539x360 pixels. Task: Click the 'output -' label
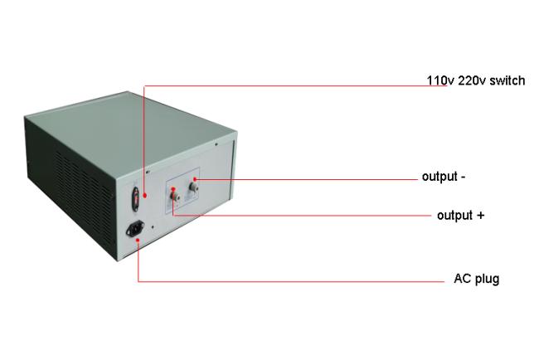[444, 177]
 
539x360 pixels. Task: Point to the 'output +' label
[460, 216]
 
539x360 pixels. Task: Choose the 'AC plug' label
[477, 279]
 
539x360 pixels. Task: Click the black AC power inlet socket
[135, 228]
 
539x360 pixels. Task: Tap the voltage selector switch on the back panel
[136, 199]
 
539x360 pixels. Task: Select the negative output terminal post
[193, 187]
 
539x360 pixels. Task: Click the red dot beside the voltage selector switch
[145, 195]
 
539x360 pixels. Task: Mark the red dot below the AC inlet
[138, 240]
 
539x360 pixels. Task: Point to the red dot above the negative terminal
[195, 179]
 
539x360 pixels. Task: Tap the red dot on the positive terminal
[173, 189]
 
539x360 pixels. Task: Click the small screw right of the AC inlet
[153, 227]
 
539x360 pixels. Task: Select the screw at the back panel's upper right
[216, 144]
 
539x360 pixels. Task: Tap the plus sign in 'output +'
[481, 216]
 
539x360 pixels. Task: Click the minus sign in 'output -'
[463, 178]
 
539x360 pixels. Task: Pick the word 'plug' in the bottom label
[488, 280]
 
